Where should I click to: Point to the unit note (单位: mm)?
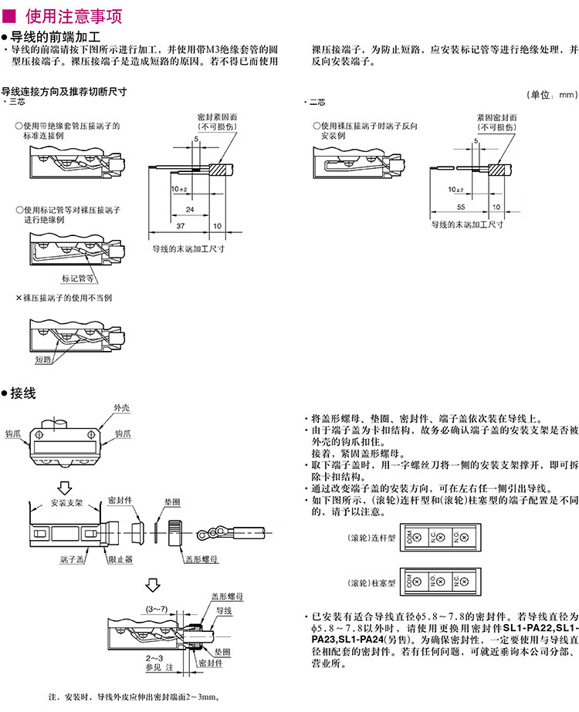point(550,94)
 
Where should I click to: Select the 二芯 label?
point(317,101)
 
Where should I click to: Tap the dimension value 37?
point(180,224)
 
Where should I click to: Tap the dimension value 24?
point(190,208)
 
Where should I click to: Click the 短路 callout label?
point(42,359)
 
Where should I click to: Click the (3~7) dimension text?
point(158,609)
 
